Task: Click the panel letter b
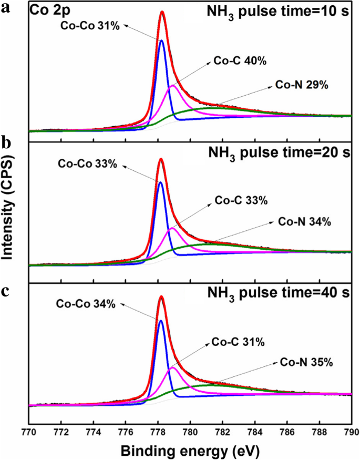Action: (7, 144)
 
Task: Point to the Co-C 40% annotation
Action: (240, 61)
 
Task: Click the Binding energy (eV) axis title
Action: (190, 451)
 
